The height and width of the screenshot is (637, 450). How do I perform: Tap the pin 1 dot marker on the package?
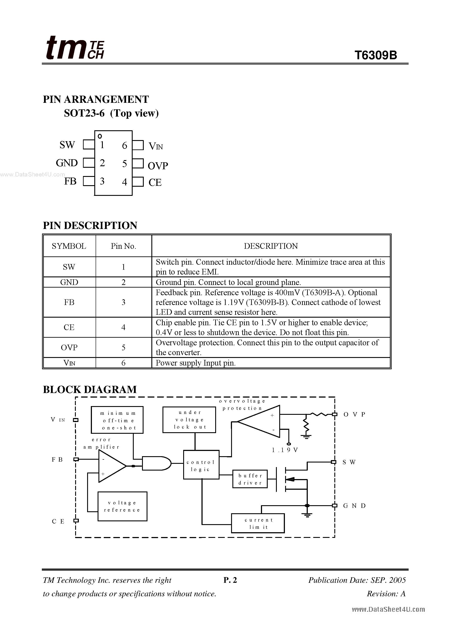(x=100, y=136)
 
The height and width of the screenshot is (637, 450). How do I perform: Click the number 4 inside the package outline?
(x=125, y=182)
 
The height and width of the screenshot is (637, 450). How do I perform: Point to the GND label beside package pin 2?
(x=67, y=163)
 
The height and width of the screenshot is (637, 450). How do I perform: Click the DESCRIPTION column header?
(x=271, y=246)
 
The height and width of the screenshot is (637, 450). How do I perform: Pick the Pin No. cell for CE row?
(x=123, y=327)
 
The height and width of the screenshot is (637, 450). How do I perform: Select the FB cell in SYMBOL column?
(x=69, y=302)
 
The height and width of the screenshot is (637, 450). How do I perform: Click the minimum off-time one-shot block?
(x=117, y=420)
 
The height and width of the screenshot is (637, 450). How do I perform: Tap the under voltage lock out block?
(x=189, y=420)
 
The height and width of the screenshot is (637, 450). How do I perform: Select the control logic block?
(x=201, y=466)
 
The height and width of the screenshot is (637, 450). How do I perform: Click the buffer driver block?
(x=250, y=479)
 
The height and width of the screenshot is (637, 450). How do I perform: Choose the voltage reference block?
(x=122, y=506)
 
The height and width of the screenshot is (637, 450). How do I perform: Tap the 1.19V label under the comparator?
(x=285, y=450)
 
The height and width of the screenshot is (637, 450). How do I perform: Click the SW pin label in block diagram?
(x=349, y=462)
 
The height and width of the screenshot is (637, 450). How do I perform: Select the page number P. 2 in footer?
(x=230, y=580)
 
